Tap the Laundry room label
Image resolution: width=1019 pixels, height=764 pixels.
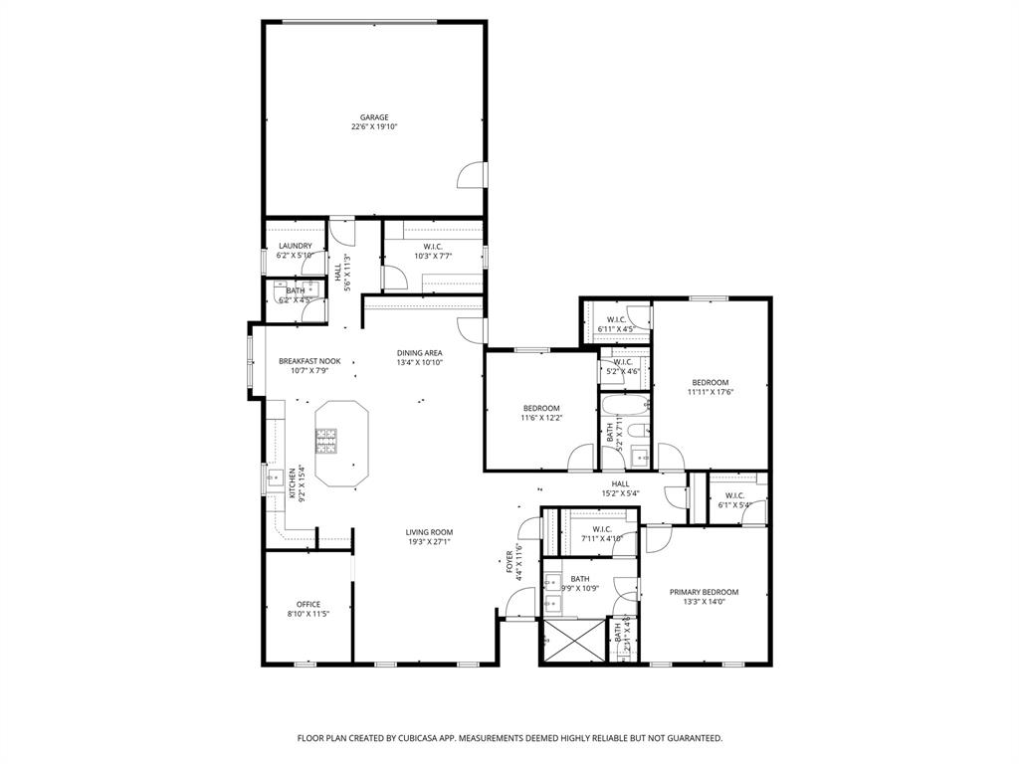[x=296, y=246]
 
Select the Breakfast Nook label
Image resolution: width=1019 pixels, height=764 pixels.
[x=309, y=361]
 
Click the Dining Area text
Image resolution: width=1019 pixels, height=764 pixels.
[x=419, y=352]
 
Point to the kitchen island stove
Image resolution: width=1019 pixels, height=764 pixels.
[x=325, y=440]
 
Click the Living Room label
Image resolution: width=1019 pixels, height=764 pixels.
[x=429, y=532]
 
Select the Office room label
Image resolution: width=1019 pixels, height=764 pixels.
[x=307, y=604]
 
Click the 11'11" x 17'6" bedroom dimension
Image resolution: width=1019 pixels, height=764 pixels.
[x=711, y=392]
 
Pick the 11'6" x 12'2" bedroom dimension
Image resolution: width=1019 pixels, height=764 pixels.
[x=541, y=418]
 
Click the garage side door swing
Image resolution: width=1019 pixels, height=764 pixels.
[x=470, y=178]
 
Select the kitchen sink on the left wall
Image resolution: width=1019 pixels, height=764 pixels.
[x=275, y=479]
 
